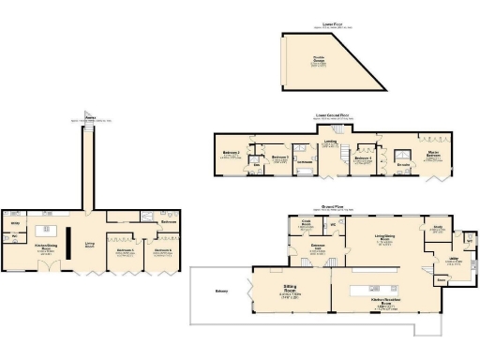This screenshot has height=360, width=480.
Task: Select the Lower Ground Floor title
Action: [333, 116]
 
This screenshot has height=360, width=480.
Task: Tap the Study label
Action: [438, 227]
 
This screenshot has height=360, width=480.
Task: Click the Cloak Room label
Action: [306, 224]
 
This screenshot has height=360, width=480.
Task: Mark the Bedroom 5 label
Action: [126, 250]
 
